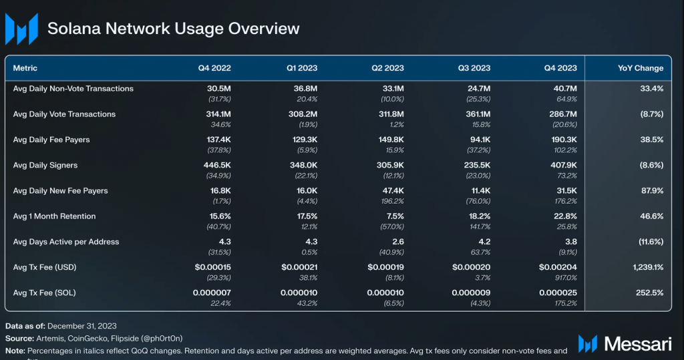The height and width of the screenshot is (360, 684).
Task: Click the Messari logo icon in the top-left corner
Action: coord(21,29)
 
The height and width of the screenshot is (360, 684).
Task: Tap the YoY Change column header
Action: coord(640,68)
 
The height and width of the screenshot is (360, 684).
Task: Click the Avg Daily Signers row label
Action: coord(45,165)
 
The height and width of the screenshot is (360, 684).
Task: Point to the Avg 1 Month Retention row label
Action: coord(55,216)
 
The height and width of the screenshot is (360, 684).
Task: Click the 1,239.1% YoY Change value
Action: coord(644,267)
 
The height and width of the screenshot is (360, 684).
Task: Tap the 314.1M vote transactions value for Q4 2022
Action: coord(215,114)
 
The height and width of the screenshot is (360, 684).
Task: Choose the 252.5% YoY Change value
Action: coord(649,293)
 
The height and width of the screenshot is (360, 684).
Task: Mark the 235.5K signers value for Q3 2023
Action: coord(476,165)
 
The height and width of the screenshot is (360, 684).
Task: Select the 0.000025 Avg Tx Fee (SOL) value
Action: coord(556,293)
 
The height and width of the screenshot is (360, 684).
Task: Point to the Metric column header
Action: coord(25,68)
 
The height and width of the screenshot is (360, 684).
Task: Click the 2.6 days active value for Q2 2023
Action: coord(397,242)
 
